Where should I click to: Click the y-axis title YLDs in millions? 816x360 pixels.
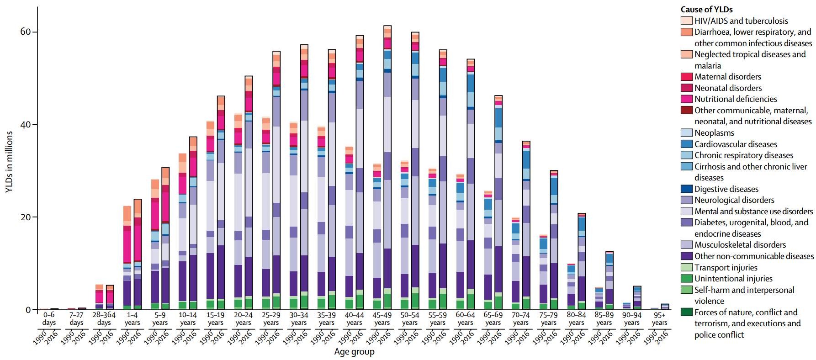9,162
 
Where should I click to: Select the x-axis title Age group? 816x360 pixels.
354,352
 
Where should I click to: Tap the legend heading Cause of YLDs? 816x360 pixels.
706,9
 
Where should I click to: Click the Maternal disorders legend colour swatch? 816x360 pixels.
686,77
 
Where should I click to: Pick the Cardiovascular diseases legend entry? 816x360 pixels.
736,144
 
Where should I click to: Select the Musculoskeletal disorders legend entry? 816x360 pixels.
740,245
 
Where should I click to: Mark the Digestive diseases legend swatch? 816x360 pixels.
686,189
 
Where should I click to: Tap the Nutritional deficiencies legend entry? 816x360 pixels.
736,99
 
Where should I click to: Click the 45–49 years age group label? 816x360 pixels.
382,319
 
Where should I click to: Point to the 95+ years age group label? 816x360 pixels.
659,319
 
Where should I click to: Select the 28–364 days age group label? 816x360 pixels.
104,319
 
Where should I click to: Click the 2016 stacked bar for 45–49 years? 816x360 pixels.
387,169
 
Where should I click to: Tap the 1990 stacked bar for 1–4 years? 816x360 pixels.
127,258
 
